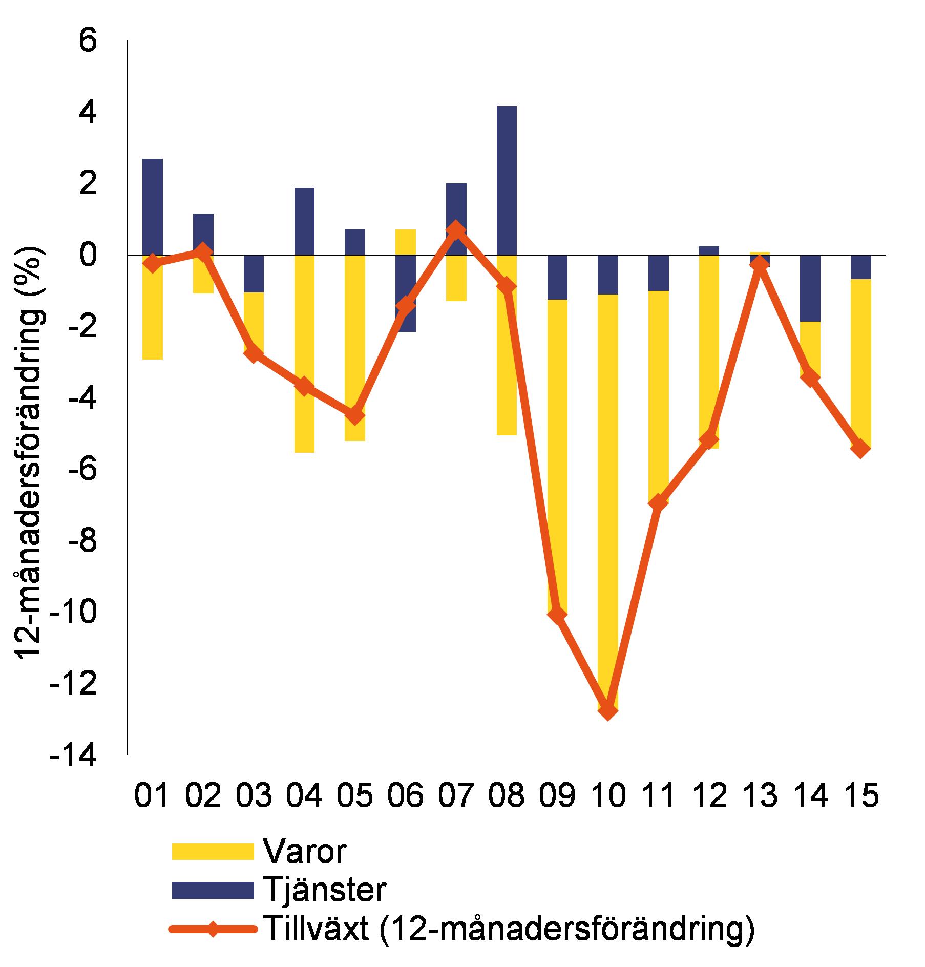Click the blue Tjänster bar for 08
click(506, 180)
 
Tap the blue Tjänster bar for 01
click(152, 207)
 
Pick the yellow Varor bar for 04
click(304, 353)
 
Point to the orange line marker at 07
click(456, 229)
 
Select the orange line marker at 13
click(760, 264)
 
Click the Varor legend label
click(305, 851)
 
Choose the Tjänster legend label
click(324, 890)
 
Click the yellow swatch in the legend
click(213, 851)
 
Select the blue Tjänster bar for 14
click(810, 288)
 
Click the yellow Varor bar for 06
click(405, 242)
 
